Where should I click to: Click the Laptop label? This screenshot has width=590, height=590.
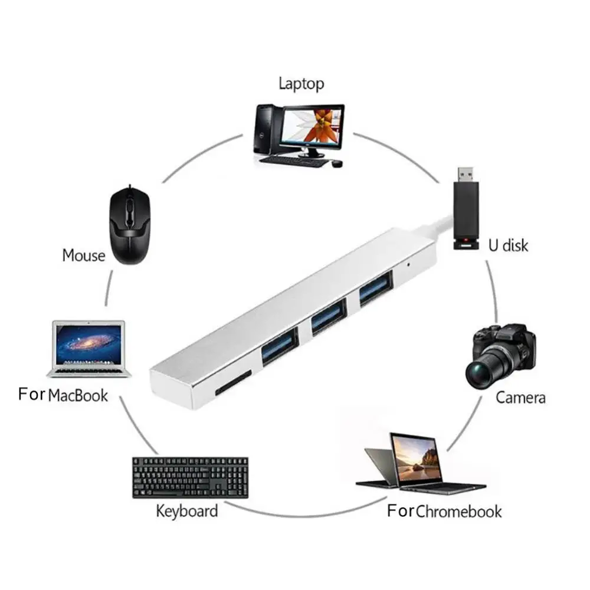(x=301, y=83)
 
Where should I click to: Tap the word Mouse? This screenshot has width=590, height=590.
(x=83, y=255)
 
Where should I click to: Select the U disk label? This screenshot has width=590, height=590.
(x=508, y=244)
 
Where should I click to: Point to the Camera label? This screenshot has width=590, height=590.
(x=520, y=397)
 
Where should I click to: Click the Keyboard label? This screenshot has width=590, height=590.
(x=186, y=510)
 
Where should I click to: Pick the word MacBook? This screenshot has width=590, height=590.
(x=78, y=395)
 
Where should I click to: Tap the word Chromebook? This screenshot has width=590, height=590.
(x=459, y=511)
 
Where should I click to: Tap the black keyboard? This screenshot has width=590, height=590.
(x=190, y=476)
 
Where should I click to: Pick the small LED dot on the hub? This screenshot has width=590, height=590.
(x=409, y=264)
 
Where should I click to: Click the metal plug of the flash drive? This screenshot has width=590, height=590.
(x=466, y=175)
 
